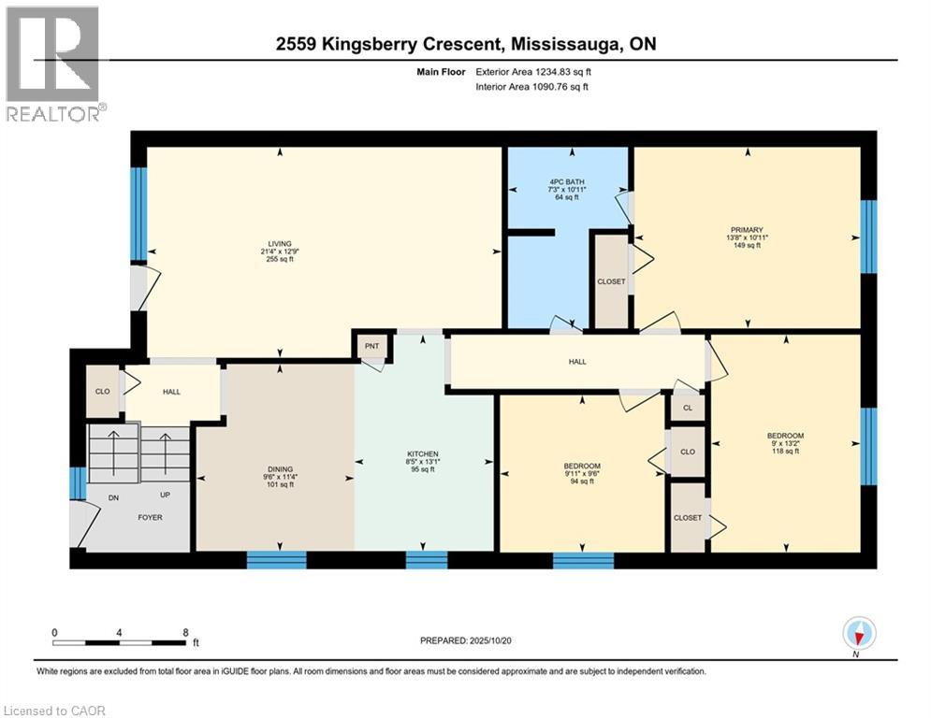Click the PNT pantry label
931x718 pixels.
coord(371,346)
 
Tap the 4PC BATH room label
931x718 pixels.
coord(566,181)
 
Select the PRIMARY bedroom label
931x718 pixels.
coord(747,230)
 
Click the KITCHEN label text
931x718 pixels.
coord(423,454)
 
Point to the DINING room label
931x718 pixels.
coord(280,469)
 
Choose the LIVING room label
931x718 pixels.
coord(280,243)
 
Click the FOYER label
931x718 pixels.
coord(151,517)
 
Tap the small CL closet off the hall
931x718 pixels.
coord(688,408)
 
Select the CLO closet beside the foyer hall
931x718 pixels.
coord(103,392)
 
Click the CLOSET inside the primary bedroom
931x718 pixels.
coord(612,281)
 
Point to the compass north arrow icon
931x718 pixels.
coord(858,633)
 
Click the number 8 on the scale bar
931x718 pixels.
coord(186,633)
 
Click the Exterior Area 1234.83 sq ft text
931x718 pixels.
coord(533,72)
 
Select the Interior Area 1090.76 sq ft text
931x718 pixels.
coord(532,87)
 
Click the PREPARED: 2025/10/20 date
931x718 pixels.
coord(466,640)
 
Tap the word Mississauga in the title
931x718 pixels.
coord(564,45)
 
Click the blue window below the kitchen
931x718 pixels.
coord(427,560)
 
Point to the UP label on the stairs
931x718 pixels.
coord(165,495)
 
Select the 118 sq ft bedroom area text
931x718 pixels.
coord(785,451)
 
